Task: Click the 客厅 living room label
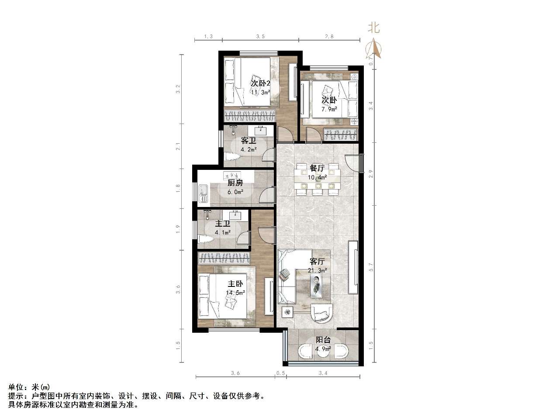(317, 262)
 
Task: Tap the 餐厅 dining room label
(317, 168)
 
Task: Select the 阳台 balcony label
(323, 340)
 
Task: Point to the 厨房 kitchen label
(235, 183)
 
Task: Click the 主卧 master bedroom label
(235, 284)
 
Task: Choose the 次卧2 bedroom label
(260, 83)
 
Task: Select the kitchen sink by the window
(203, 194)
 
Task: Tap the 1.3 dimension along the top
(208, 37)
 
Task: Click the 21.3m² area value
(318, 270)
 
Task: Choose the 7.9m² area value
(330, 109)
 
